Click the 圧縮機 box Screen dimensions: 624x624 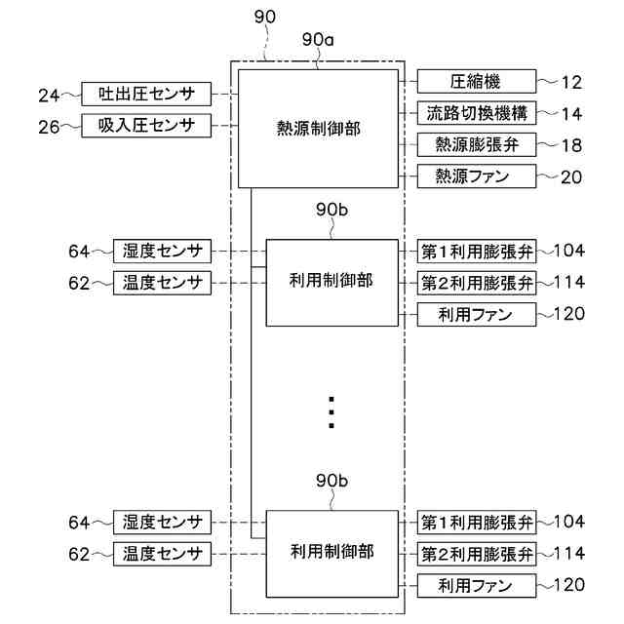pyautogui.click(x=477, y=82)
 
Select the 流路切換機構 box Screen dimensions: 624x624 pyautogui.click(x=477, y=113)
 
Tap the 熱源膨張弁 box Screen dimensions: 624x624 pyautogui.click(x=477, y=145)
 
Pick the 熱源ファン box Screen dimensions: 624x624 pyautogui.click(x=477, y=176)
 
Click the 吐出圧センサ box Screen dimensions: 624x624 pyautogui.click(x=146, y=94)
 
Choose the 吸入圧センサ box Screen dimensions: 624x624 pyautogui.click(x=146, y=126)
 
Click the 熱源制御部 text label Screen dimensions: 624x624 pyautogui.click(x=319, y=129)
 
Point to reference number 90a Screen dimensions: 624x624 pyautogui.click(x=318, y=40)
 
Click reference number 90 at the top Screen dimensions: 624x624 pyautogui.click(x=264, y=17)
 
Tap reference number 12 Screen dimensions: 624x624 pyautogui.click(x=572, y=82)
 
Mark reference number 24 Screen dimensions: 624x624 pyautogui.click(x=49, y=96)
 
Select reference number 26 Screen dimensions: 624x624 pyautogui.click(x=49, y=128)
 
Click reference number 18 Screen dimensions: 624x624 pyautogui.click(x=572, y=145)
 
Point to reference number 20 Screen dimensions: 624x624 pyautogui.click(x=572, y=177)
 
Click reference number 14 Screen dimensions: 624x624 pyautogui.click(x=572, y=114)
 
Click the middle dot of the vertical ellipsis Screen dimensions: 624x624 pyautogui.click(x=331, y=412)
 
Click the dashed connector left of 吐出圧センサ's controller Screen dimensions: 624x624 pyautogui.click(x=224, y=95)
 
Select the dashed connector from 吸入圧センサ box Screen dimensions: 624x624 pyautogui.click(x=224, y=126)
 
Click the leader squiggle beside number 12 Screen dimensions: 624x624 pyautogui.click(x=548, y=82)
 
